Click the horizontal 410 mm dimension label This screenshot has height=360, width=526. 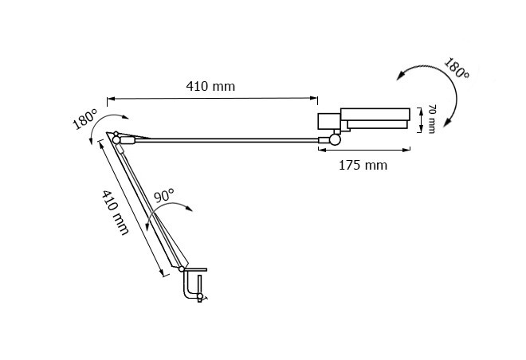(x=210, y=87)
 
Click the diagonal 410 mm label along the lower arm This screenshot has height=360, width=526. (x=116, y=213)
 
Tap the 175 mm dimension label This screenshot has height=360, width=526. (x=363, y=165)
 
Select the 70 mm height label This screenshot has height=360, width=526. (x=432, y=119)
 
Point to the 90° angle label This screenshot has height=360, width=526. (x=164, y=195)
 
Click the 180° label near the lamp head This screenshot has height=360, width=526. (x=457, y=68)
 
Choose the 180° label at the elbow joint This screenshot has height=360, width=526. (x=84, y=119)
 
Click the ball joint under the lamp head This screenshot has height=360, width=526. (x=335, y=139)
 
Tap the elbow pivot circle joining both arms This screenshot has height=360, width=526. (x=116, y=139)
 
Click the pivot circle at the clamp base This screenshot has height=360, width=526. (x=182, y=269)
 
